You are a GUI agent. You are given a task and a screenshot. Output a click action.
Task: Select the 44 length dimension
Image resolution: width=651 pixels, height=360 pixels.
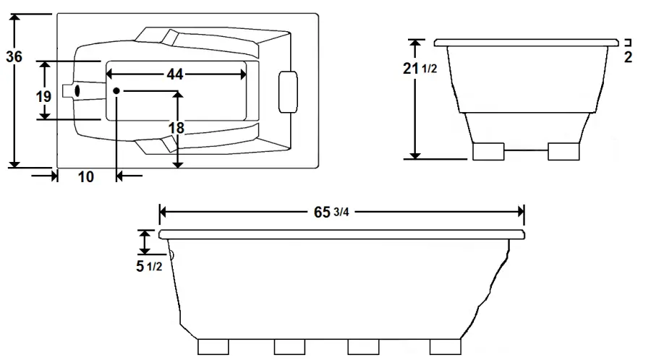pos(174,74)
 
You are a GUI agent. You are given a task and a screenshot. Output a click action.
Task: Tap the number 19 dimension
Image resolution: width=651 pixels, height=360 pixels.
pos(43,95)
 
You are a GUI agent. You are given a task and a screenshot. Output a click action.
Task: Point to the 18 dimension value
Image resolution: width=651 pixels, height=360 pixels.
pos(176,128)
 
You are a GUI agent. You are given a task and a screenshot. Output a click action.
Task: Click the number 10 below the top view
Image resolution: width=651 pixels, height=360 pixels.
pos(85,177)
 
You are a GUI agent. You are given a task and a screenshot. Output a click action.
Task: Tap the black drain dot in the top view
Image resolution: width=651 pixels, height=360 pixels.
pos(116,90)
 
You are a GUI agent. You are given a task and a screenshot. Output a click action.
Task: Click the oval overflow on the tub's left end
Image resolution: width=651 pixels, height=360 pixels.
pos(77,90)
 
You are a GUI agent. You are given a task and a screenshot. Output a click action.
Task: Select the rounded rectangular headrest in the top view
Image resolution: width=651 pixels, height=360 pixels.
pos(289,92)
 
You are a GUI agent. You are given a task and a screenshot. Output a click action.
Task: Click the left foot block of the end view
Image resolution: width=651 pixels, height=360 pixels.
pos(488,151)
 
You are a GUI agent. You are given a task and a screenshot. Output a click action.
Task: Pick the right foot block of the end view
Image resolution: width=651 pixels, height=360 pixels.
pos(563,151)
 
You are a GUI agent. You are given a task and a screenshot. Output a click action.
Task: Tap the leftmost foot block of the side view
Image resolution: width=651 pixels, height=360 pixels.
pos(217,346)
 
